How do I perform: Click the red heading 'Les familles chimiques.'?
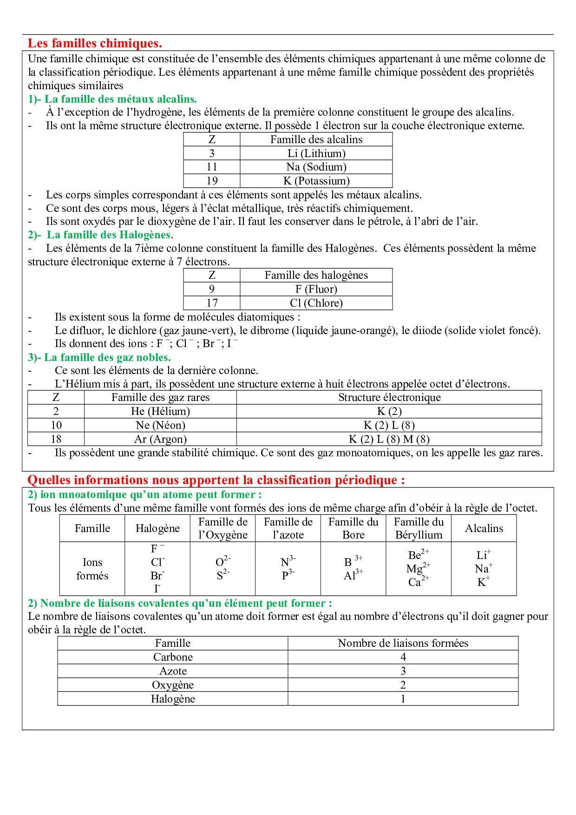tap(95, 43)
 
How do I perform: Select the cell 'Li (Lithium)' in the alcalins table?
tap(316, 153)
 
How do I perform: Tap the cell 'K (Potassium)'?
tap(316, 181)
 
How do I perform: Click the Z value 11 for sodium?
tap(212, 167)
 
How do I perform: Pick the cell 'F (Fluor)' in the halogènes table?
tap(316, 289)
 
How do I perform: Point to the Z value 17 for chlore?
tap(212, 303)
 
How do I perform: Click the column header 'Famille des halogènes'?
tap(316, 275)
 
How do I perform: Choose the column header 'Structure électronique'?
tap(389, 397)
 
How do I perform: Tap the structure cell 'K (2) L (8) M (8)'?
tap(389, 439)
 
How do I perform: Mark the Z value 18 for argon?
tap(56, 439)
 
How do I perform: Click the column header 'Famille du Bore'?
tap(353, 528)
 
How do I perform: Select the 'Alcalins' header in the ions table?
tap(484, 528)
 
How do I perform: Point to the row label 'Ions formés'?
tap(92, 569)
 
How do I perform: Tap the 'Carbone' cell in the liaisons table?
tap(173, 657)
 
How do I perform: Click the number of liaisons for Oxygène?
tap(403, 685)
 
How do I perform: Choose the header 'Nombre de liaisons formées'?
tap(403, 643)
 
